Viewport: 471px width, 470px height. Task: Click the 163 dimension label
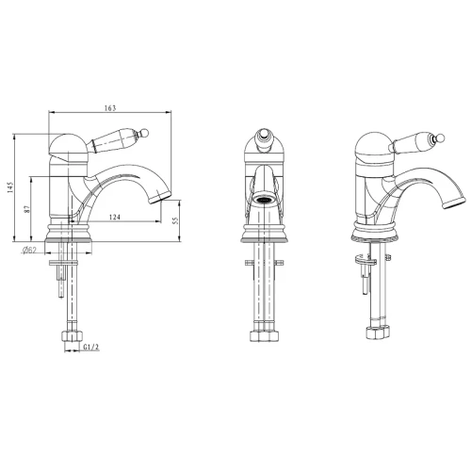(110, 108)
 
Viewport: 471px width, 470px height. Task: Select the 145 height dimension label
(10, 187)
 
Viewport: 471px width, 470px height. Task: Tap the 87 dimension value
(27, 209)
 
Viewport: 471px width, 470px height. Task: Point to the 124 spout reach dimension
(115, 217)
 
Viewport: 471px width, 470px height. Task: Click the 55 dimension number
(175, 220)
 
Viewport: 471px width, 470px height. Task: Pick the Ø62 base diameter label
(29, 251)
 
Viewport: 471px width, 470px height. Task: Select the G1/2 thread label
(91, 347)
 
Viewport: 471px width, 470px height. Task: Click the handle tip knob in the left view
(145, 133)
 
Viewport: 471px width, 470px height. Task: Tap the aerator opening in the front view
(264, 199)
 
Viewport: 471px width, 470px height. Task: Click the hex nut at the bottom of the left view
(72, 336)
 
